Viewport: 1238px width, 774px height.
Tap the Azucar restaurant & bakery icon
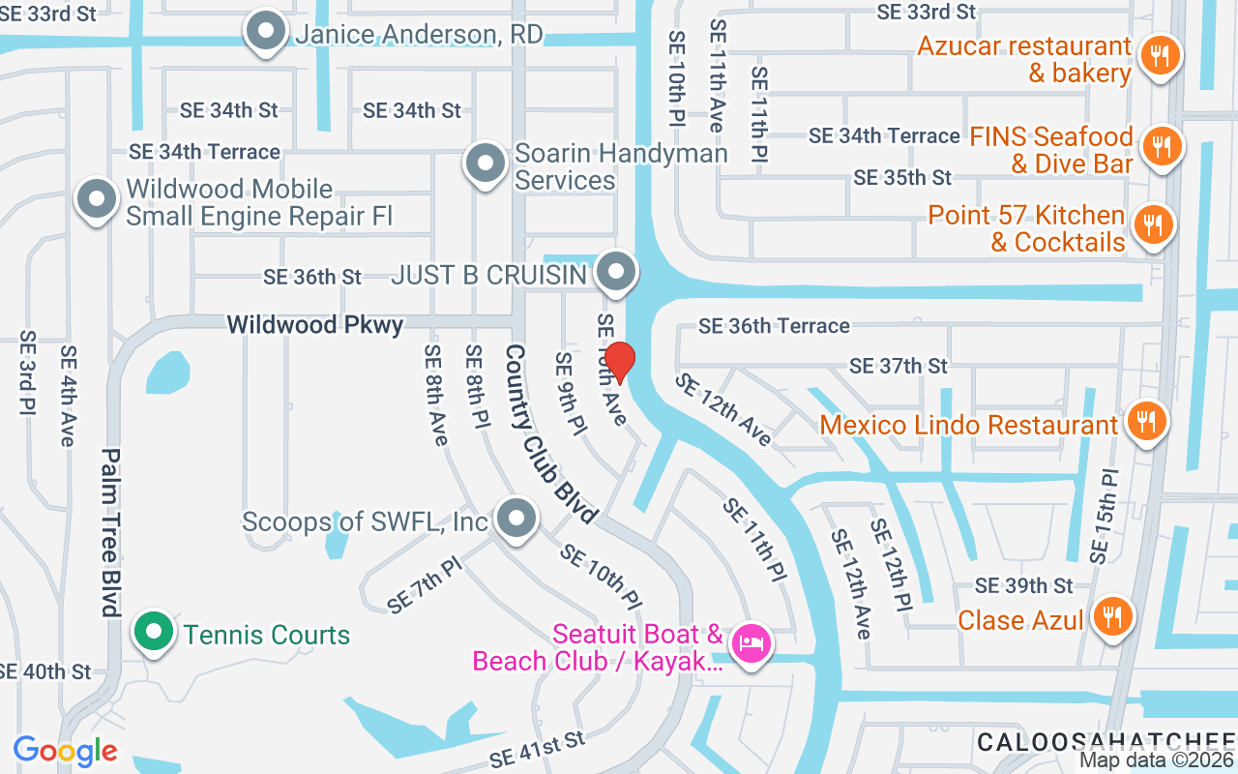pos(1157,54)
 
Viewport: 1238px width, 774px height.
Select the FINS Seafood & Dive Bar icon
pos(1157,147)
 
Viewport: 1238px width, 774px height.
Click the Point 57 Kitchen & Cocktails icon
pos(1151,225)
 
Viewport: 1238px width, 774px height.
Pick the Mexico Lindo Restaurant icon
pos(1146,422)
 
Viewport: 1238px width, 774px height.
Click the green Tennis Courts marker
pos(153,633)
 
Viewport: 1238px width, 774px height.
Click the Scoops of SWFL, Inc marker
pos(516,519)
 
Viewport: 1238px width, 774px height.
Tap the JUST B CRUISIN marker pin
pos(615,273)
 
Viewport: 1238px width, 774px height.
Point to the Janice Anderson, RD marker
pos(264,32)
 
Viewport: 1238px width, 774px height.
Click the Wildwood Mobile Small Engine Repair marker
pos(96,200)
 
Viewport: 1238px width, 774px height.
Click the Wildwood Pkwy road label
pos(315,325)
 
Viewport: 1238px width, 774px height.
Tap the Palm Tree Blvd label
pos(110,531)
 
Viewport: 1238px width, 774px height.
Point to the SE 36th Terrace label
pos(774,326)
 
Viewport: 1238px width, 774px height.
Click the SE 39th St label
pos(1024,585)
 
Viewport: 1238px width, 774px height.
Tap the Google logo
pos(65,751)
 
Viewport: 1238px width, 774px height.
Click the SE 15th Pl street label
pos(1104,517)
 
